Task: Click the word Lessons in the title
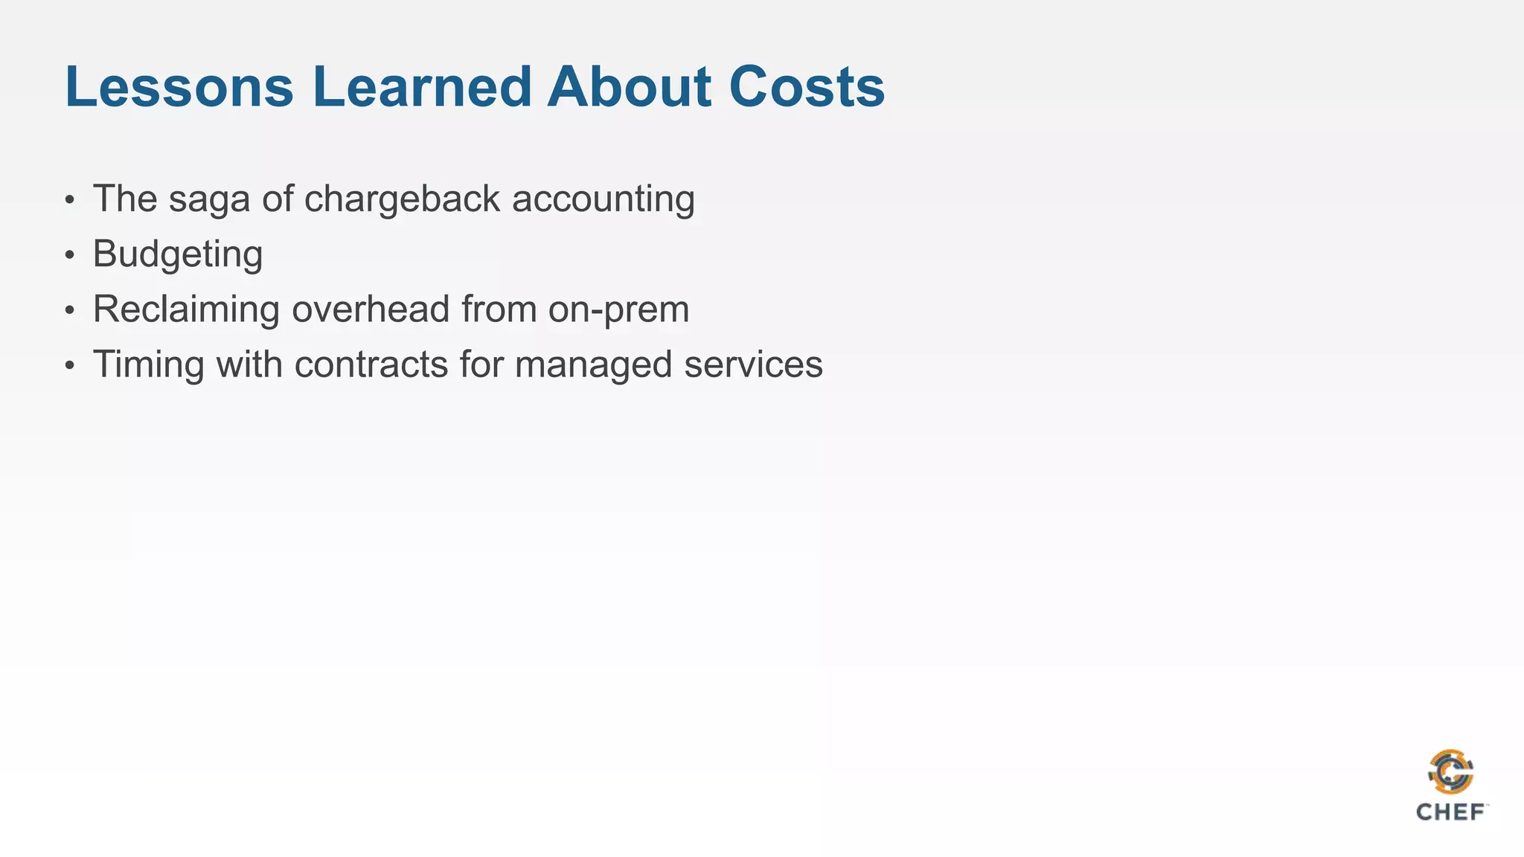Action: coord(179,87)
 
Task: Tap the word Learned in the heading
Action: coord(420,87)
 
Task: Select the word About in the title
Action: coord(629,87)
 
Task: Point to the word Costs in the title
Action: coord(807,87)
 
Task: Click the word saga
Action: coord(209,200)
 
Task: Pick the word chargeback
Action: coord(402,200)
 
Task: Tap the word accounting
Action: coord(603,200)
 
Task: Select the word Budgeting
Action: coord(178,255)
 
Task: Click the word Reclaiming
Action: coord(186,309)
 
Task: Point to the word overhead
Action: coord(371,309)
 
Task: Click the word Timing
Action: coord(148,365)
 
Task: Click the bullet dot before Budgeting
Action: coord(70,256)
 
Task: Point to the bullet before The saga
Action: coord(70,201)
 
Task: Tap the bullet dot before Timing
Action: coord(70,366)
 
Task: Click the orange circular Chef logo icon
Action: coord(1450,773)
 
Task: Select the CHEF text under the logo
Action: coord(1450,812)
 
